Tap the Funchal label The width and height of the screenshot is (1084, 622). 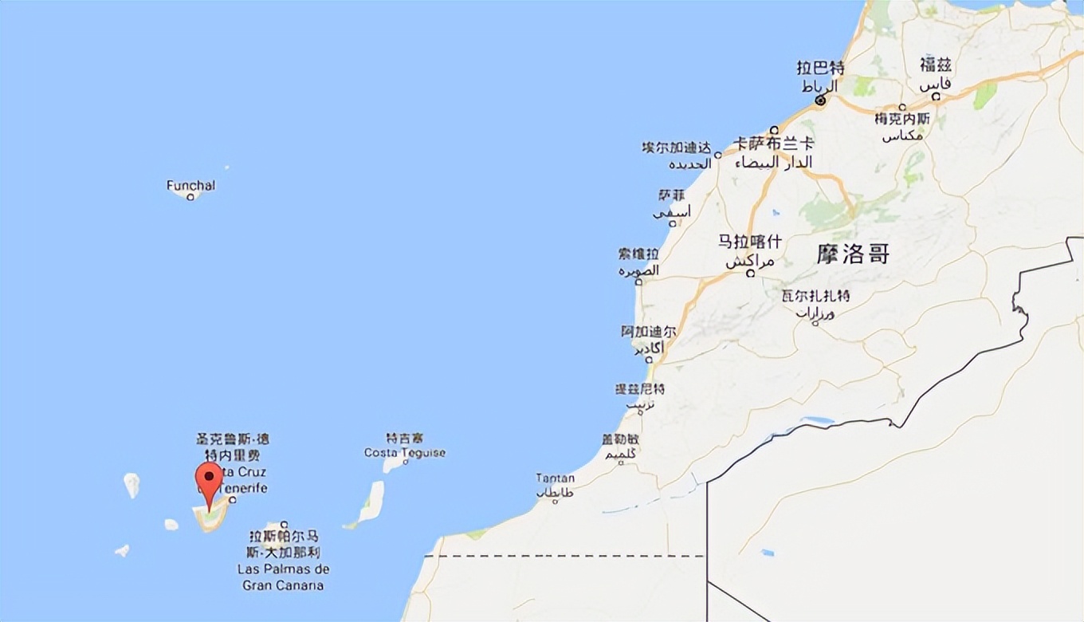(190, 185)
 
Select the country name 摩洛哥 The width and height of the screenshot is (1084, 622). (853, 254)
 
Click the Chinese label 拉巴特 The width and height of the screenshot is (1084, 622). (820, 68)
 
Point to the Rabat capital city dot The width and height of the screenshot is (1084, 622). (819, 101)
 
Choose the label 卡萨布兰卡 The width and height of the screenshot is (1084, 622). (774, 144)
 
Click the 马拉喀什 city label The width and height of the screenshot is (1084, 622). (750, 242)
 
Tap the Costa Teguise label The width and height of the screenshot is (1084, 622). (405, 453)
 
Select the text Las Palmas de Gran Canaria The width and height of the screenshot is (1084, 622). (283, 577)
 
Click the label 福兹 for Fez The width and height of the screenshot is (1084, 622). (936, 65)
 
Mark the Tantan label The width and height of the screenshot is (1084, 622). (555, 478)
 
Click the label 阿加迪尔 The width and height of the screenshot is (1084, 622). (649, 331)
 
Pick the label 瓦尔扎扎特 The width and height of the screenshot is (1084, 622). (815, 296)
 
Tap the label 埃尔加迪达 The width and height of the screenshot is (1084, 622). (676, 148)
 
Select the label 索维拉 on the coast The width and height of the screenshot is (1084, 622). (638, 254)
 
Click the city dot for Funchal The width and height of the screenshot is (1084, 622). (190, 197)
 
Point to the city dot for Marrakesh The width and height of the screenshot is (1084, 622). (750, 273)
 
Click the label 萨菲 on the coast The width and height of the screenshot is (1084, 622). (671, 195)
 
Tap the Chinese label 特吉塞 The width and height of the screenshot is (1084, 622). (405, 439)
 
